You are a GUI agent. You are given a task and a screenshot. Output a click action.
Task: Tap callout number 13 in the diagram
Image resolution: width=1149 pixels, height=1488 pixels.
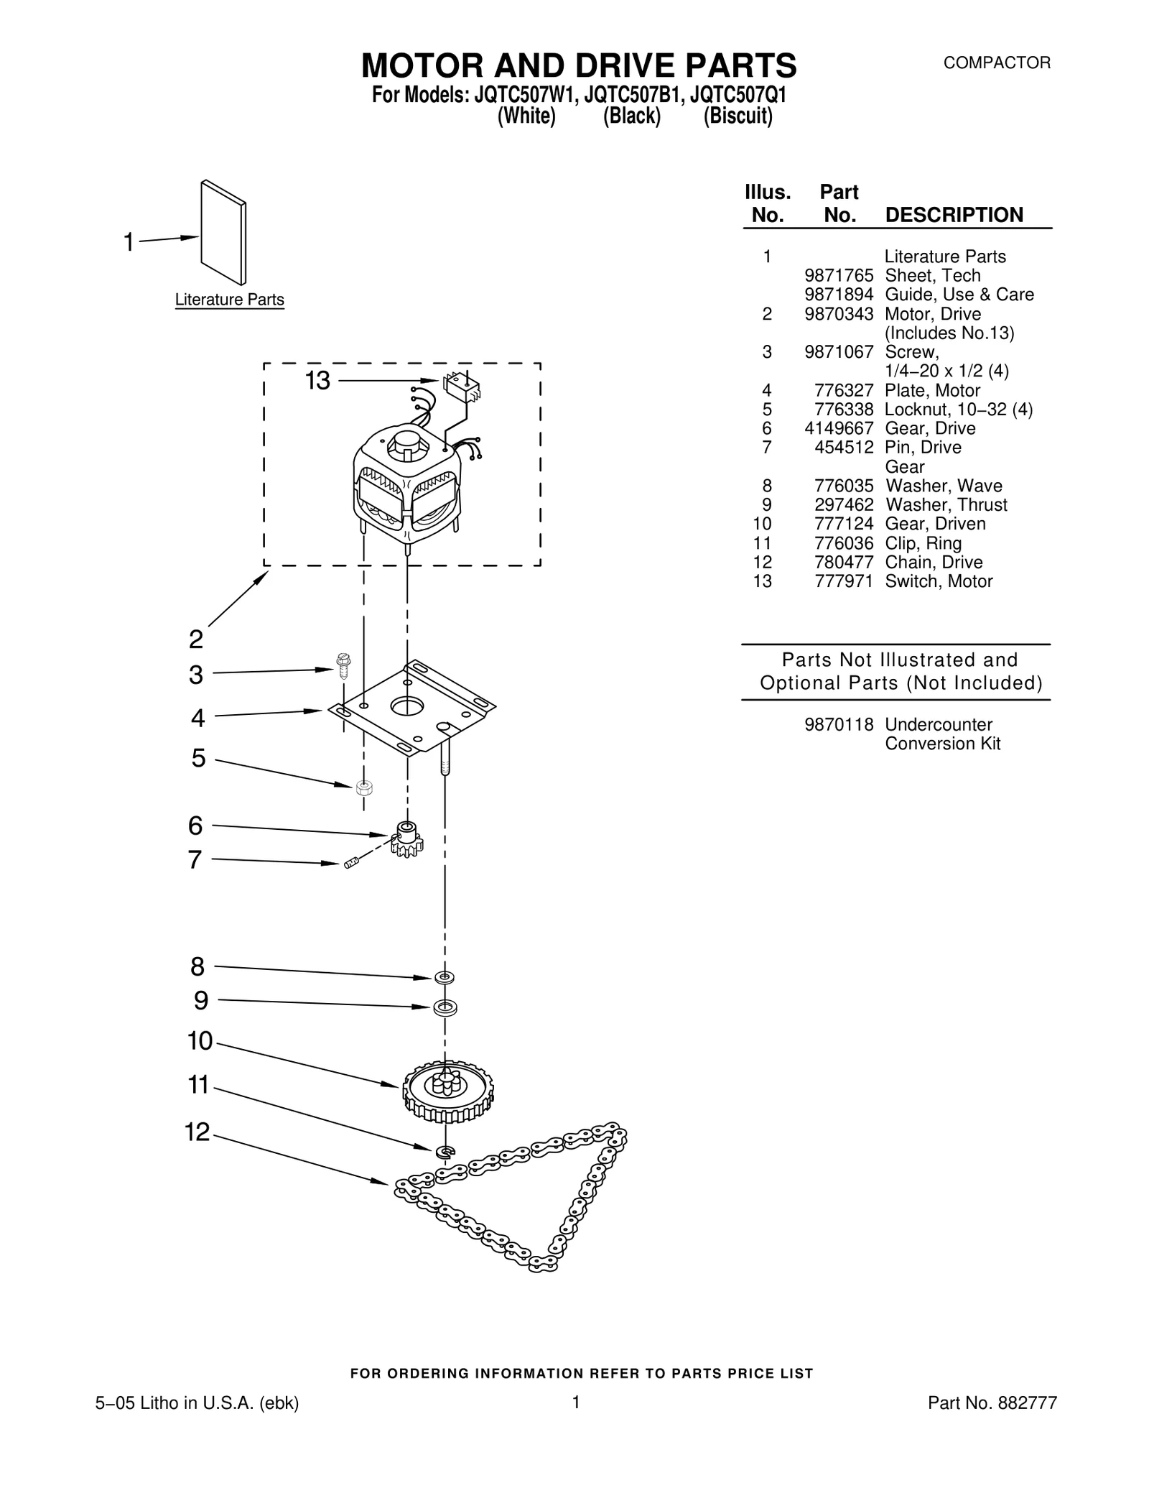pos(317,381)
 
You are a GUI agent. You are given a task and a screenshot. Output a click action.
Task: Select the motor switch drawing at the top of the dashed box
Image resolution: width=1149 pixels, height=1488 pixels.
pos(462,387)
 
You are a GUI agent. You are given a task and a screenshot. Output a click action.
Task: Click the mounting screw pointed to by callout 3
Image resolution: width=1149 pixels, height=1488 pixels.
pos(343,665)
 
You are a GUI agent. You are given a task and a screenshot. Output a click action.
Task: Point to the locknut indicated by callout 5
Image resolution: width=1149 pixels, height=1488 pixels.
pos(363,787)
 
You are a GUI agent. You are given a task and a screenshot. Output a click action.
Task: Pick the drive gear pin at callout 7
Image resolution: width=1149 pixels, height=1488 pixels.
pos(350,862)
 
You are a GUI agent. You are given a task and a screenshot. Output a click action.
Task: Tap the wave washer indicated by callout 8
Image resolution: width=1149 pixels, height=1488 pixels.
pos(445,977)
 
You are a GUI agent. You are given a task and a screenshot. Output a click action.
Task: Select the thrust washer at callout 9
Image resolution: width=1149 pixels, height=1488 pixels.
pos(445,1007)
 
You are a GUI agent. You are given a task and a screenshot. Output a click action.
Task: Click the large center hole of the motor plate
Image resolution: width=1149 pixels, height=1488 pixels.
pos(408,706)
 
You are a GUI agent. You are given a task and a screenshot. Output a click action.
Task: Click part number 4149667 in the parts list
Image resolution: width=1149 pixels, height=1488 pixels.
pos(839,429)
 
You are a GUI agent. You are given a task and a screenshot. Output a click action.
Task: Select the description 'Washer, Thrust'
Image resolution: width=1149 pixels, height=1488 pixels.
pos(946,505)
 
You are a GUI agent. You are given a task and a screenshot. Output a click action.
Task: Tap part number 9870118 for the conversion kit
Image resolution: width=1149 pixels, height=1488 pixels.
pos(839,725)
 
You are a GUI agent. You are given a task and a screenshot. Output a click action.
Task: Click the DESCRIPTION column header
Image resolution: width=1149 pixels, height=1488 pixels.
pos(954,215)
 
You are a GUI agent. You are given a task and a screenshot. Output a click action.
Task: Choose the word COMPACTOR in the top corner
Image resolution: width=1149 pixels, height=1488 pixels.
pos(997,63)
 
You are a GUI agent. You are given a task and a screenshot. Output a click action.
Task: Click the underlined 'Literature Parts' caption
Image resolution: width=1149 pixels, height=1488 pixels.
pos(230,300)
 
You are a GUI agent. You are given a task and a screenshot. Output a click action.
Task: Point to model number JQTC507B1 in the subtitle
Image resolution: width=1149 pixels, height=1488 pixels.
pos(632,96)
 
